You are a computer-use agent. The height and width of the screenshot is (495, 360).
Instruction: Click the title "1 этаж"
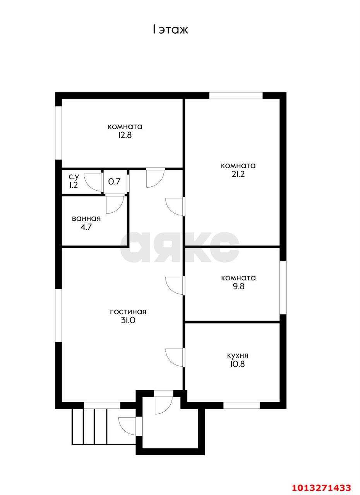[170, 29]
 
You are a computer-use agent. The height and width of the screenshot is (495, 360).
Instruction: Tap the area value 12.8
[125, 135]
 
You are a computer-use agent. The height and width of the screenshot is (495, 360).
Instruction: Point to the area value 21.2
[238, 174]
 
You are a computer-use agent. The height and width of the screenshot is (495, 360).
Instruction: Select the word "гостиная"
[128, 312]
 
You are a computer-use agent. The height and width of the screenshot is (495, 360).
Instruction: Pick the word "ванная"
[86, 218]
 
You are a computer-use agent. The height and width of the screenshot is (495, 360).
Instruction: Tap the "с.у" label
[74, 177]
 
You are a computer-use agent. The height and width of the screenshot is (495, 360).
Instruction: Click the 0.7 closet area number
[114, 181]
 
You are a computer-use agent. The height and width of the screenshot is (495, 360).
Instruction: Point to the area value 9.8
[238, 287]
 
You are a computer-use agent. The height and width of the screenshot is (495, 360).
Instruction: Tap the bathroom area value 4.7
[86, 227]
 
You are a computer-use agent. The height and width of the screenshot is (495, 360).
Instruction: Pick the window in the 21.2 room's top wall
[236, 95]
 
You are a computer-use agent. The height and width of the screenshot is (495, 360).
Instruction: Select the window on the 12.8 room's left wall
[58, 133]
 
